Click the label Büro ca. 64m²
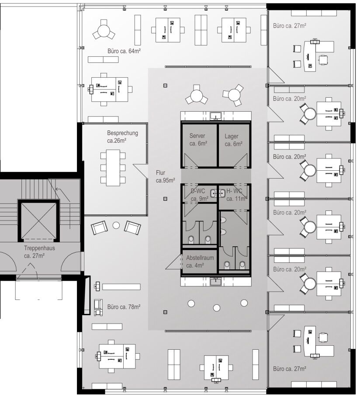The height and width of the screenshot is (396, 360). (124, 51)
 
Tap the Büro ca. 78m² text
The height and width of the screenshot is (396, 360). (124, 307)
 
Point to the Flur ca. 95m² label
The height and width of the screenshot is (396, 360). (165, 176)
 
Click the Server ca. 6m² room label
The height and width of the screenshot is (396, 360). (198, 140)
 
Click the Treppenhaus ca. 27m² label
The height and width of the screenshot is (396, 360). (39, 251)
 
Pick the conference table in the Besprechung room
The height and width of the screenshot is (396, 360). (113, 167)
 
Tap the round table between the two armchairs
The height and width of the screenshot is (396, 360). (116, 226)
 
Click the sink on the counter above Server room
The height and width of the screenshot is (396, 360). (215, 116)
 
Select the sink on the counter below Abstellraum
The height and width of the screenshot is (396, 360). (215, 282)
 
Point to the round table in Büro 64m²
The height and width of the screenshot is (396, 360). (104, 31)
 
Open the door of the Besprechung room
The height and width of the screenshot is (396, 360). (141, 170)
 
